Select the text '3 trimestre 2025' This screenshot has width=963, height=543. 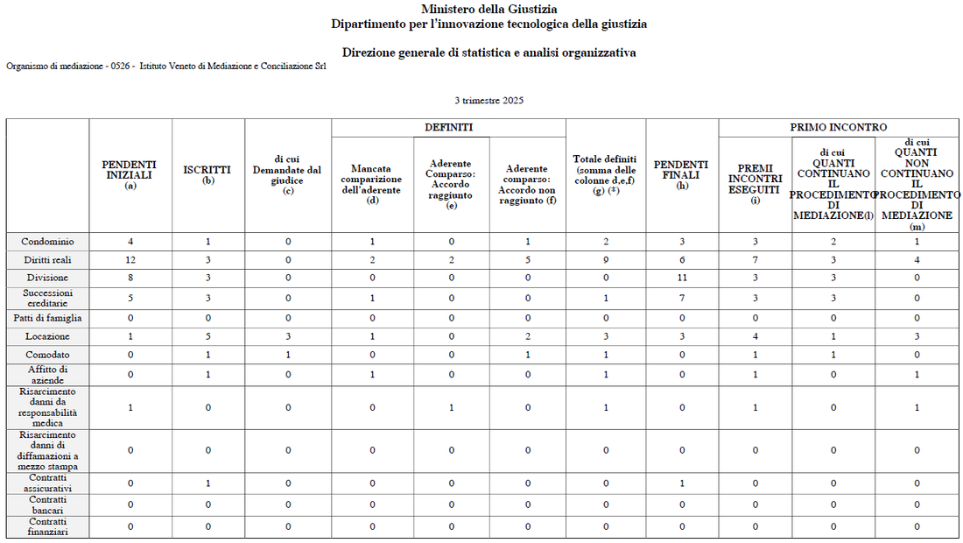tap(489, 101)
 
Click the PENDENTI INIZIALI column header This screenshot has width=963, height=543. tap(130, 174)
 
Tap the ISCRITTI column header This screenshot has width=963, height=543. tap(207, 174)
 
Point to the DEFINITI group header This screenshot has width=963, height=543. tap(448, 128)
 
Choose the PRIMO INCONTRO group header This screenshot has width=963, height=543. tap(838, 128)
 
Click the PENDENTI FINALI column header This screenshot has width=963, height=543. tap(681, 174)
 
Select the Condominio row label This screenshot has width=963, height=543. tap(49, 242)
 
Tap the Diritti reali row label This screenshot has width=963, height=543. tap(49, 260)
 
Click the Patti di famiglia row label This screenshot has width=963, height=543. tap(48, 318)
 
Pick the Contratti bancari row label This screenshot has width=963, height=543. tap(49, 504)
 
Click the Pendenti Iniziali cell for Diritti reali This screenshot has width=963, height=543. tap(130, 260)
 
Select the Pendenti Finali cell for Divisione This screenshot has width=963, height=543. tap(681, 278)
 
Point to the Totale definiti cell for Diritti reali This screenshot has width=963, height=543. tap(606, 260)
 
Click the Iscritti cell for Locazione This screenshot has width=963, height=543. tap(207, 336)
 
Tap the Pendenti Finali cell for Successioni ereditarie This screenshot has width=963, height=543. tap(681, 299)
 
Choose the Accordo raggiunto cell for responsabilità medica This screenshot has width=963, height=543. tap(452, 407)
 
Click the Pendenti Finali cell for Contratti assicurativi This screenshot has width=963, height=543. tap(681, 483)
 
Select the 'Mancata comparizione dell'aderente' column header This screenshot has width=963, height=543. tap(372, 184)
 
